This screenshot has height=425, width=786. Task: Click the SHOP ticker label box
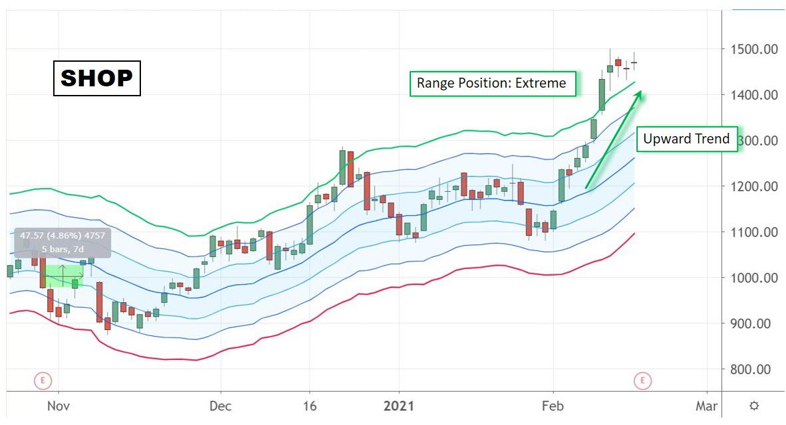(96, 78)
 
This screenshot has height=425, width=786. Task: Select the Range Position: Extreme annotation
(491, 83)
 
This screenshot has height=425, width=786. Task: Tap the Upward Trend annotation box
(686, 139)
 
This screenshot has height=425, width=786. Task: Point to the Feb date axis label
(552, 406)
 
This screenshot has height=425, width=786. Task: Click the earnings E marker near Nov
(43, 381)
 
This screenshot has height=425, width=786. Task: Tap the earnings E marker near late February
(642, 381)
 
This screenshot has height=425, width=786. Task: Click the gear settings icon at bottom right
(753, 406)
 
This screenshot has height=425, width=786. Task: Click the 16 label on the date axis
(309, 406)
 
